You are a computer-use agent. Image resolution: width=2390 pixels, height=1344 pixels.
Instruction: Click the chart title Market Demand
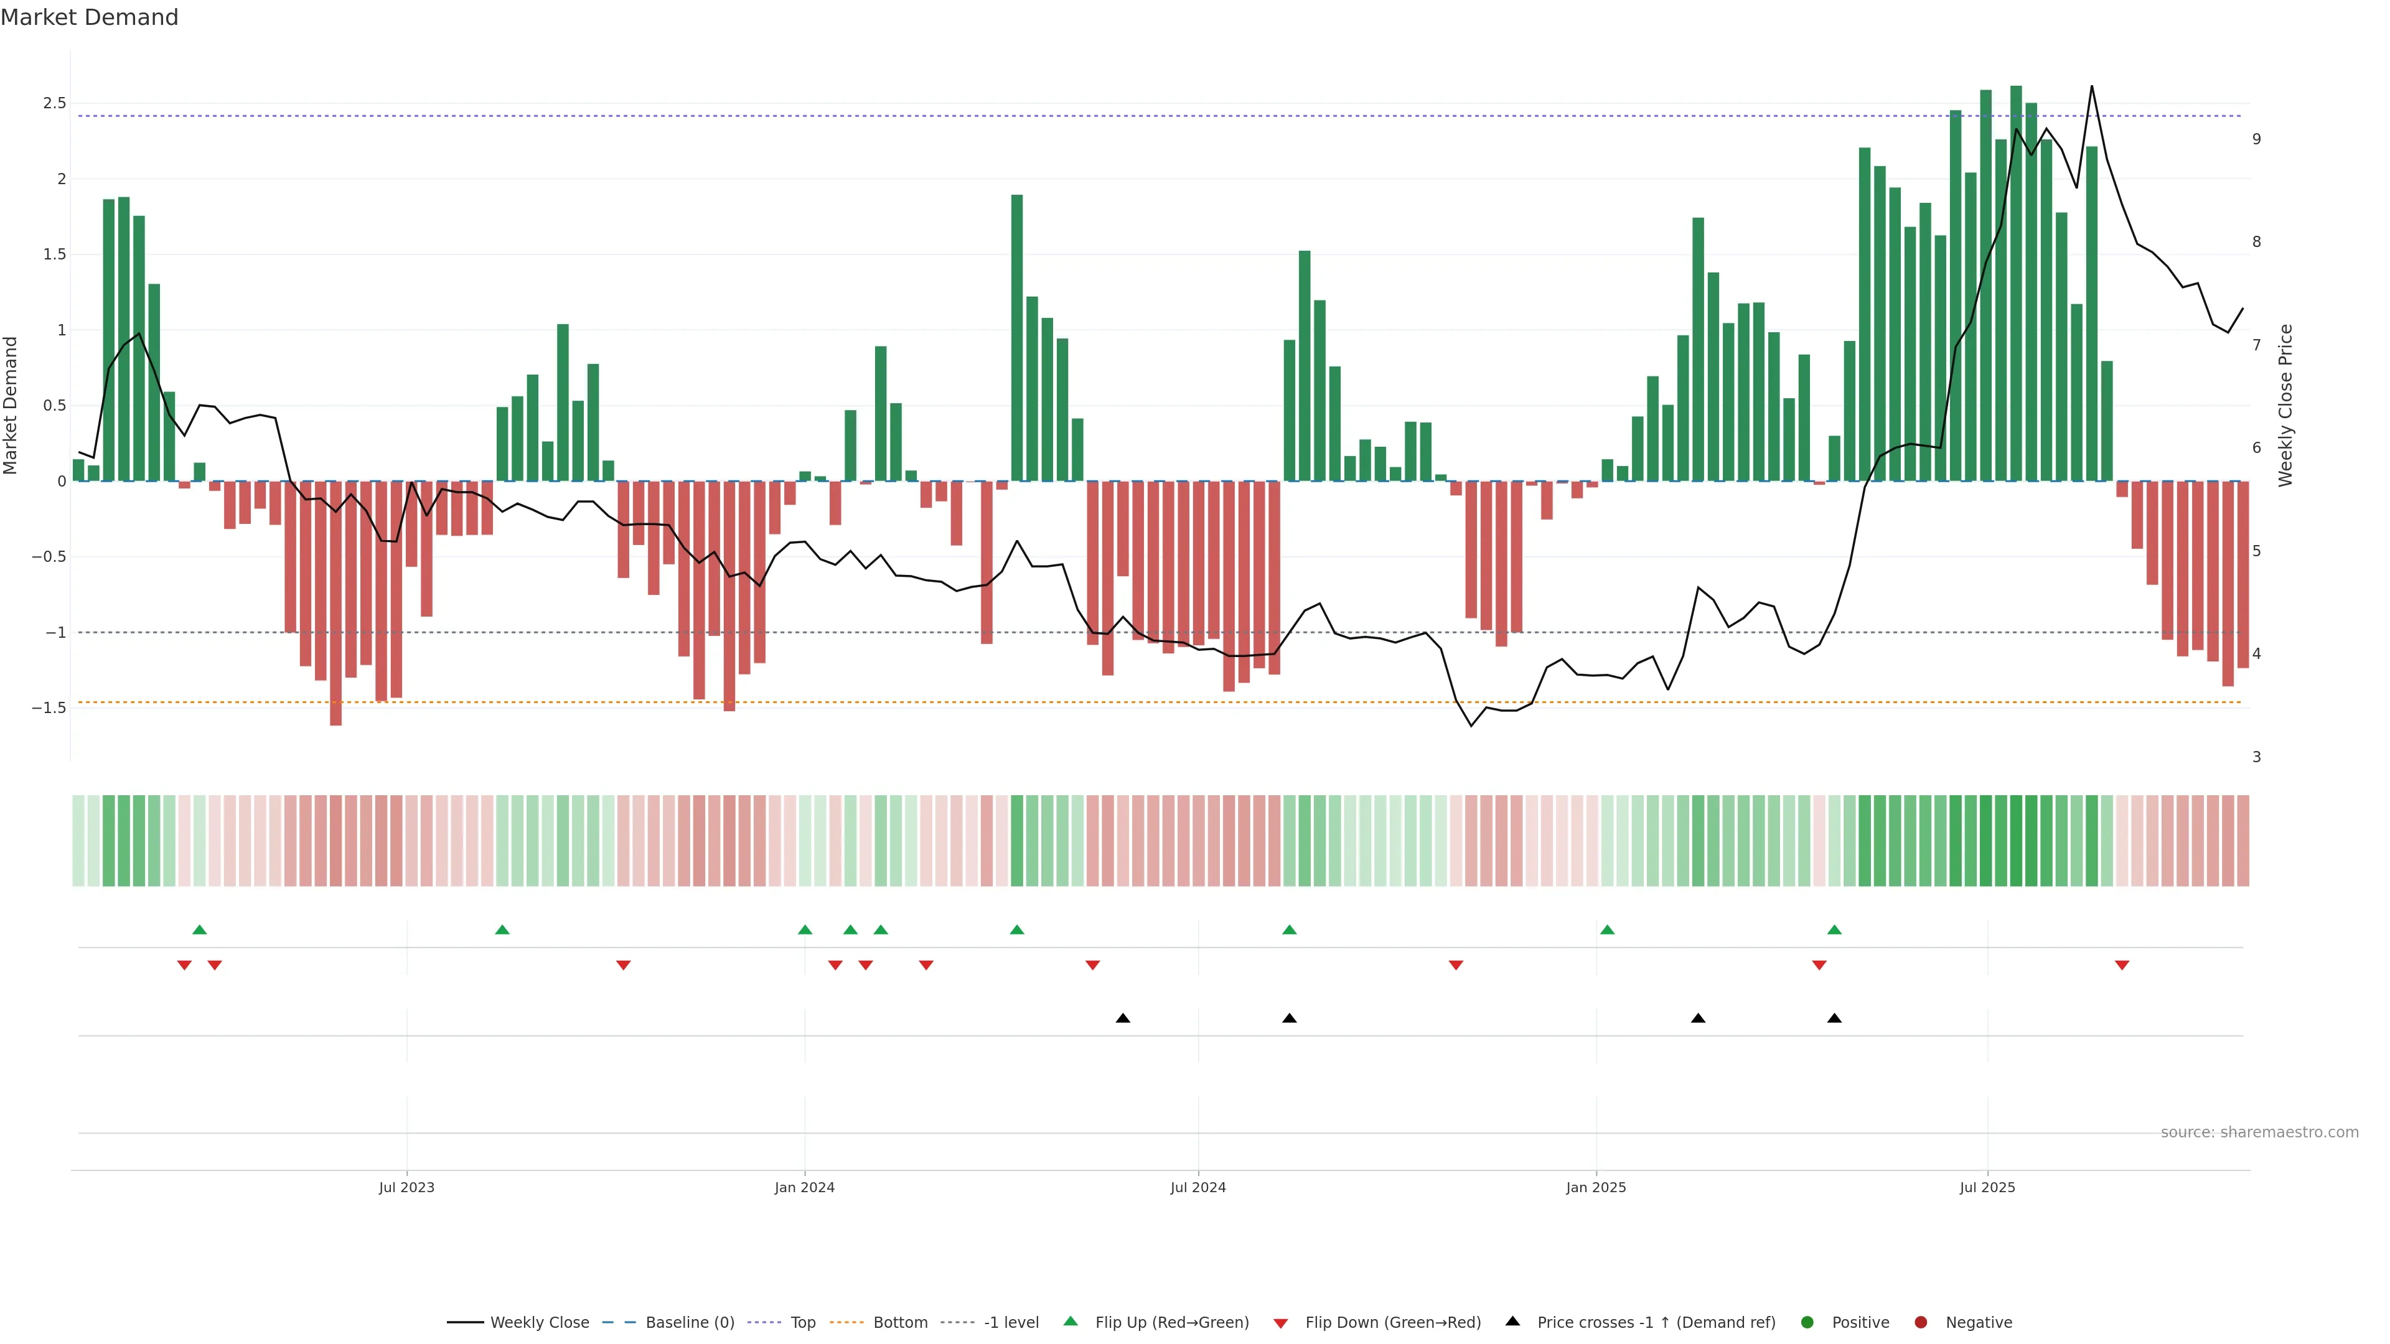click(89, 17)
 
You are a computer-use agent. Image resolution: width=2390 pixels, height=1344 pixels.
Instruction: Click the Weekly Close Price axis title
click(2285, 405)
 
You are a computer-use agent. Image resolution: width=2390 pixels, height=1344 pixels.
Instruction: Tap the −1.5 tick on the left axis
click(49, 707)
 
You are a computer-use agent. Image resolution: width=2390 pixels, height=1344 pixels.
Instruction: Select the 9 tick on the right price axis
click(2256, 139)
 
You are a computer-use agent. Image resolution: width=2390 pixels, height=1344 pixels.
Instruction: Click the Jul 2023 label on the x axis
click(406, 1187)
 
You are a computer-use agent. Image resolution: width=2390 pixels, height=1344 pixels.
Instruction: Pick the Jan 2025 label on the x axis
click(1596, 1187)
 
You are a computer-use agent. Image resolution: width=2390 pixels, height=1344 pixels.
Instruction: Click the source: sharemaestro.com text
click(2259, 1132)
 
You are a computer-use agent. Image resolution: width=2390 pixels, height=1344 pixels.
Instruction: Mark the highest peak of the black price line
click(2091, 86)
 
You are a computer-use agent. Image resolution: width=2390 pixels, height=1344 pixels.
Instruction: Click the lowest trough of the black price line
click(1471, 726)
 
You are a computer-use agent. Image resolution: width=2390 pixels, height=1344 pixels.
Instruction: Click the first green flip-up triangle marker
click(199, 930)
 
